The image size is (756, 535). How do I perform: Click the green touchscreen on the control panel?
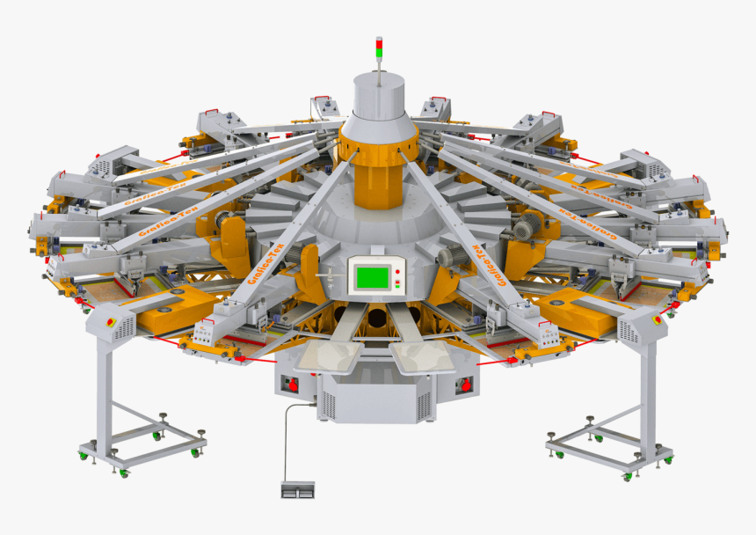(370, 277)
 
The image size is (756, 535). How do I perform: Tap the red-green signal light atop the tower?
(380, 48)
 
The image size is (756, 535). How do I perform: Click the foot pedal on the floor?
(298, 488)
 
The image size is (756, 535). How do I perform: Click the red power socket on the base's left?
(290, 385)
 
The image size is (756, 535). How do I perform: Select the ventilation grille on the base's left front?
(329, 404)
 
